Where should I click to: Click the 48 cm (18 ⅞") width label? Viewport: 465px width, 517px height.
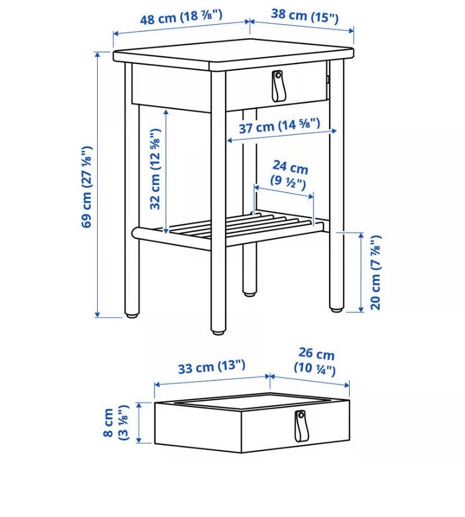point(181,17)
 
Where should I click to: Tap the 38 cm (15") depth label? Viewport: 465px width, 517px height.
point(304,16)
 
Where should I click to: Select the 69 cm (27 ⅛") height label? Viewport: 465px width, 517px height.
point(87,187)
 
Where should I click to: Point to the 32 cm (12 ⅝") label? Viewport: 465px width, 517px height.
point(155,169)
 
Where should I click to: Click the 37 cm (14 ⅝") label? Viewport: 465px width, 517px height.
point(280,126)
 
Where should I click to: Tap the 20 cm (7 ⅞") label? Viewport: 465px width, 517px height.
point(376,273)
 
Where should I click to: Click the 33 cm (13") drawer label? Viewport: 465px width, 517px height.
point(212,366)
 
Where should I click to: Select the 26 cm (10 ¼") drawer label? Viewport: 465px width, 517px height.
point(316,361)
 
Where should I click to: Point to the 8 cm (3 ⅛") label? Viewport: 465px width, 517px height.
point(115,423)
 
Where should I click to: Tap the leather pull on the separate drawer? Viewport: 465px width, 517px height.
point(299,426)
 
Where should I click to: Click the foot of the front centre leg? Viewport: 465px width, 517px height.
point(218,332)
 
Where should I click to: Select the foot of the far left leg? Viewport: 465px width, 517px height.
point(132,315)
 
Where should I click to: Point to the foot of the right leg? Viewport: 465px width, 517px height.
point(336,309)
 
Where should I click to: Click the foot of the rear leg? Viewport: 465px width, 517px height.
point(250,292)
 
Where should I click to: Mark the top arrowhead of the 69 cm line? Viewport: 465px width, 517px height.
point(98,55)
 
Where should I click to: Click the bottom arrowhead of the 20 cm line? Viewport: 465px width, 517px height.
point(361,309)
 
